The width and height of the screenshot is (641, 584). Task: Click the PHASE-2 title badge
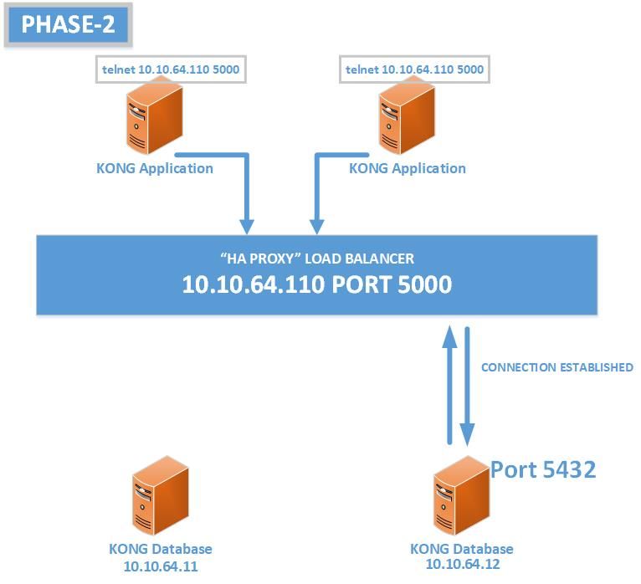tap(68, 24)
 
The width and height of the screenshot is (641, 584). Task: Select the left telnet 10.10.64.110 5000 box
tap(171, 69)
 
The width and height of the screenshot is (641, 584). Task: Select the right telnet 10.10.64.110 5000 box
tap(414, 69)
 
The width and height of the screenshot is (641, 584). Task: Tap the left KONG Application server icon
tap(155, 122)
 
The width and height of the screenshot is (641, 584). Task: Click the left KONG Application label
tap(155, 168)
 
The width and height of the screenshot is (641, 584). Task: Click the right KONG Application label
tap(408, 168)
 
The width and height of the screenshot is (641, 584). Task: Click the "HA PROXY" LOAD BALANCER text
tap(316, 259)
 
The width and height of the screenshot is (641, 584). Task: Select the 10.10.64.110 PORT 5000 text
tap(316, 284)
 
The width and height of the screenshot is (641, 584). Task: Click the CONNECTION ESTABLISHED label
tap(556, 367)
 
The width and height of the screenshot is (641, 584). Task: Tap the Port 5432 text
tap(543, 469)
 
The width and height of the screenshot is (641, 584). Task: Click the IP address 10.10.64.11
tap(160, 566)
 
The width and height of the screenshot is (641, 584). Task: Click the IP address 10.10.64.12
tap(461, 565)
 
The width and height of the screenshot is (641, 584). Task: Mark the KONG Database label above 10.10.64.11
tap(160, 549)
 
